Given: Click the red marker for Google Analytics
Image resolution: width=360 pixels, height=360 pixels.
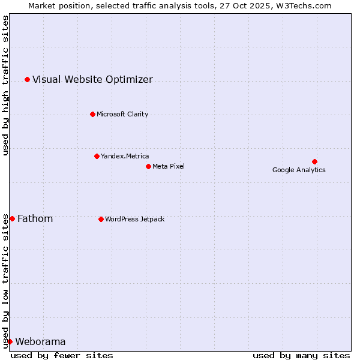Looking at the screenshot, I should click(314, 161).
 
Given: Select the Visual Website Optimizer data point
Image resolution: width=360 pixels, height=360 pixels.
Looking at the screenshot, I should click(27, 79).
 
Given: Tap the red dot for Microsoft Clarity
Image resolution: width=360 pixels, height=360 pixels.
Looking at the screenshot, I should click(92, 114).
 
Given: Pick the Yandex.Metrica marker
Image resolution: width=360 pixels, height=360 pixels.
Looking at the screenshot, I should click(97, 156).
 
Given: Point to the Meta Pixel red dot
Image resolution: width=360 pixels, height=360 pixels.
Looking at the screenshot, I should click(148, 166).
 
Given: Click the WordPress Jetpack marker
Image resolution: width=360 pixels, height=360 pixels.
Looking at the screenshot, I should click(101, 219).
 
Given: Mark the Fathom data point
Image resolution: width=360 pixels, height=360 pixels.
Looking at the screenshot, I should click(12, 218).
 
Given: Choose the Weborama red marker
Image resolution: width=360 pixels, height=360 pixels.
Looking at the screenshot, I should click(10, 341).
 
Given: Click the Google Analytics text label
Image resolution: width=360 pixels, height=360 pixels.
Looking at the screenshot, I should click(299, 170).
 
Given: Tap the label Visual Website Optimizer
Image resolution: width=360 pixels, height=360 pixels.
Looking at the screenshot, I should click(92, 79).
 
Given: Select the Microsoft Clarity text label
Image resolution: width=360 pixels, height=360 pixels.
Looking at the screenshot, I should click(122, 114).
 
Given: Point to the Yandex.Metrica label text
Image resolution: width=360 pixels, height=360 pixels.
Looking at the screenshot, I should click(125, 156).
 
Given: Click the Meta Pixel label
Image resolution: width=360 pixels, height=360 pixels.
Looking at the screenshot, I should click(169, 166).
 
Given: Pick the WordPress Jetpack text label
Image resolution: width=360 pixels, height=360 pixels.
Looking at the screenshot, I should click(134, 219).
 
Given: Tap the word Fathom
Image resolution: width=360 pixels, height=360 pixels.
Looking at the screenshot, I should click(35, 218).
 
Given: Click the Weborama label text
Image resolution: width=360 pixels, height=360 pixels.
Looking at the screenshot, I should click(40, 341).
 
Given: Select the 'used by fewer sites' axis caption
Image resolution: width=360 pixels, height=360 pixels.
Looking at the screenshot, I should click(62, 355).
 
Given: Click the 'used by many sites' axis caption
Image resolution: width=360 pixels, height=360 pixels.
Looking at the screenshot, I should click(301, 355).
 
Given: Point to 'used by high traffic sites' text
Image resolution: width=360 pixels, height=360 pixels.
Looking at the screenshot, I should click(5, 85).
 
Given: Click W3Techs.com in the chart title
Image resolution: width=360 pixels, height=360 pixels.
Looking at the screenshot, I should click(303, 5).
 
